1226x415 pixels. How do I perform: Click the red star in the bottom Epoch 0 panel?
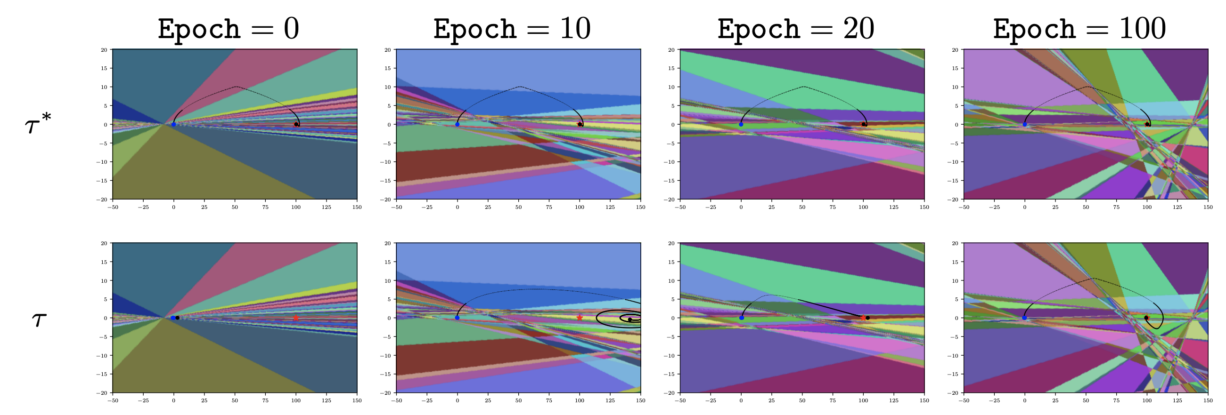click(295, 318)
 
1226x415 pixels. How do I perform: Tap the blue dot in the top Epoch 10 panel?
click(458, 125)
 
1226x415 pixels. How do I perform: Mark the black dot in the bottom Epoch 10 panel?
click(629, 319)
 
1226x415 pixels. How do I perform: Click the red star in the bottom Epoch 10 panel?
click(579, 318)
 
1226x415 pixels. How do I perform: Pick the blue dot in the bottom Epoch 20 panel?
click(742, 318)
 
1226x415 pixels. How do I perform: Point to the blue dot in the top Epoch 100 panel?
click(1025, 125)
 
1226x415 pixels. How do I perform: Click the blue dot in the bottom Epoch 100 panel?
click(1024, 318)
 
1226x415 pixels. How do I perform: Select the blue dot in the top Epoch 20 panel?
click(741, 125)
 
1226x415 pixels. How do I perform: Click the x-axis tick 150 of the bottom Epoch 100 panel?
click(1208, 401)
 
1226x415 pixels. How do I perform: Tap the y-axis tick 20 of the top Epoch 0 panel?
click(104, 49)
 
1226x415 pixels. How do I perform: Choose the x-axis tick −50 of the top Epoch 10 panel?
click(396, 207)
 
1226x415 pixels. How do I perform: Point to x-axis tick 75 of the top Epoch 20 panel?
click(833, 207)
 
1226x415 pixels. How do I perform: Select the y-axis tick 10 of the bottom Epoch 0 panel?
click(104, 280)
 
